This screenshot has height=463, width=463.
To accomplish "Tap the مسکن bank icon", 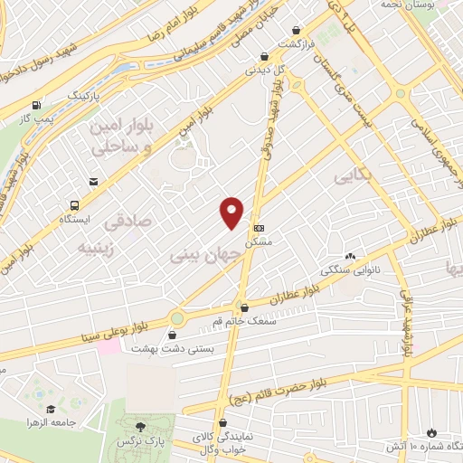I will [x=260, y=228].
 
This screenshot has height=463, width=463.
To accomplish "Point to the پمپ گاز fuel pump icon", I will [x=36, y=105].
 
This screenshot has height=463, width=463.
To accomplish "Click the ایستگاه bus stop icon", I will [x=94, y=181].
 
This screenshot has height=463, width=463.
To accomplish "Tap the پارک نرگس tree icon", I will [x=138, y=426].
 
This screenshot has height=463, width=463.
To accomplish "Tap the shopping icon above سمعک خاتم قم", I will [x=242, y=307].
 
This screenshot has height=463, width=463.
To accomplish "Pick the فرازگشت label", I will [x=295, y=43].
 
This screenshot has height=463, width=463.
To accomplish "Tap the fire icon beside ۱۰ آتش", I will [x=431, y=432].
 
